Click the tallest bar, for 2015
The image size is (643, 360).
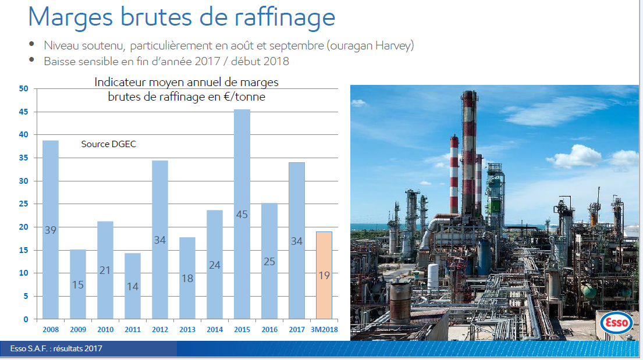point(242,214)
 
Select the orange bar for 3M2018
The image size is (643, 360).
point(324,275)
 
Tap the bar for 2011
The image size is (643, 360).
point(133,286)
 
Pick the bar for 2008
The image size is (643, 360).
point(51,230)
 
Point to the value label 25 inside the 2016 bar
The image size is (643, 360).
point(269,262)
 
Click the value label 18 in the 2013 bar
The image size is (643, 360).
point(187,279)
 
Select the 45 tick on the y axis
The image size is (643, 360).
point(23,112)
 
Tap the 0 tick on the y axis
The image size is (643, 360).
point(26,319)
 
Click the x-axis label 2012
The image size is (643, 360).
point(160,330)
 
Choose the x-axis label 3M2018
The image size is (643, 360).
point(324,330)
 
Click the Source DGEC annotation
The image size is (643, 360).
point(109,144)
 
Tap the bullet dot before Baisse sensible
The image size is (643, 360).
point(31,60)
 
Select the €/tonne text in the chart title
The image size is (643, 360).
point(244,97)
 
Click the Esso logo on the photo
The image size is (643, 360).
point(616,323)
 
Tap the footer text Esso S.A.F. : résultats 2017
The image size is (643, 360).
point(56,348)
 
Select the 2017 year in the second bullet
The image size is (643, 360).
point(208,62)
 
